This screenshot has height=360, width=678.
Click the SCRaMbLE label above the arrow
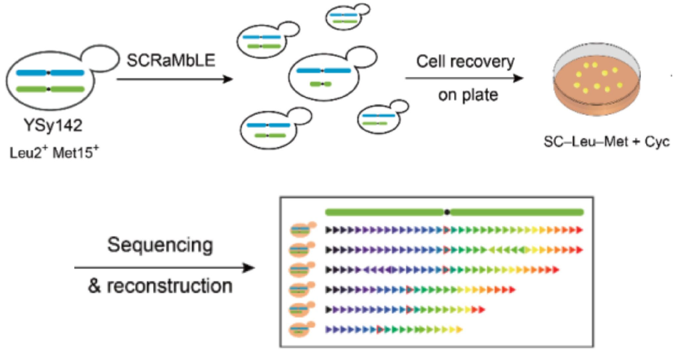[171, 61]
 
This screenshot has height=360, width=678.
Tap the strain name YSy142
[53, 125]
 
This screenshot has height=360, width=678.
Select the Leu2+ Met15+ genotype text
[54, 153]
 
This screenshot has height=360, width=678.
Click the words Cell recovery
[465, 62]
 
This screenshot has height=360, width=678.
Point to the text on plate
[468, 95]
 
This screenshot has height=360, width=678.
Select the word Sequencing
[160, 245]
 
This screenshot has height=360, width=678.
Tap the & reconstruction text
[160, 286]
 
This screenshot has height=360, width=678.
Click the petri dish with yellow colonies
[597, 79]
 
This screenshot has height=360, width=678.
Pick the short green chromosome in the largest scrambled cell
[320, 84]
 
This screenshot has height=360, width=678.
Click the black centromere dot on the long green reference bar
[447, 212]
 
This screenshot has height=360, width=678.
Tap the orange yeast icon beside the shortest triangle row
[300, 330]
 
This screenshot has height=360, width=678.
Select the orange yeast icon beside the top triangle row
[301, 230]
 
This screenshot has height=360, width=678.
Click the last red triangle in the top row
[579, 230]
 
